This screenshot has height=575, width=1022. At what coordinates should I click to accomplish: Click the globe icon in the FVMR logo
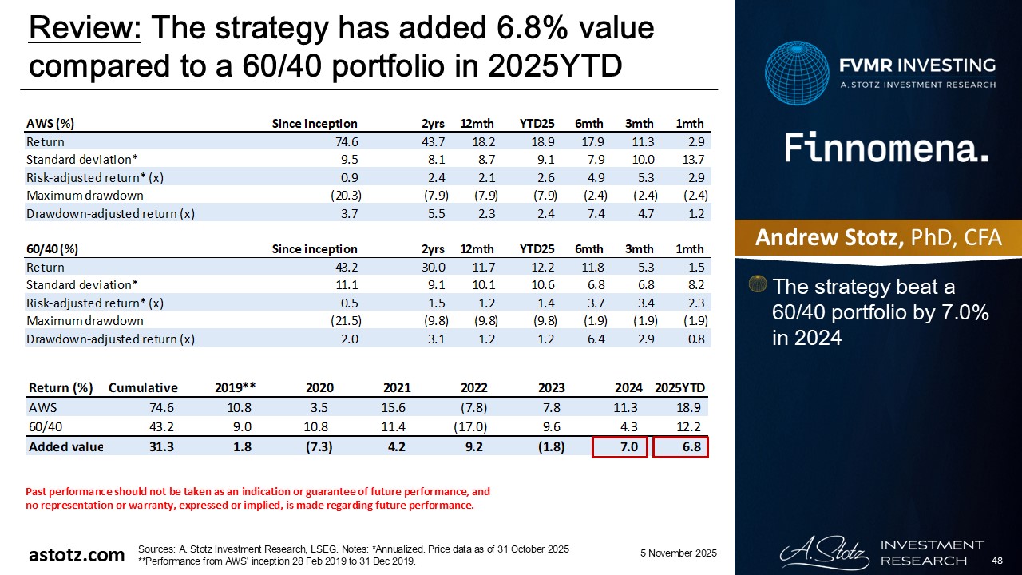796,73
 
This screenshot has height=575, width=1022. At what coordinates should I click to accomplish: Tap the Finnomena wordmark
886,149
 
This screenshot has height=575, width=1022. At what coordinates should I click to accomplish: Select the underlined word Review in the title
85,30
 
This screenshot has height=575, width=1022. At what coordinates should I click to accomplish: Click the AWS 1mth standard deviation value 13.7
691,159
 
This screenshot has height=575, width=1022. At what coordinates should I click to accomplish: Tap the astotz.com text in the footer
77,555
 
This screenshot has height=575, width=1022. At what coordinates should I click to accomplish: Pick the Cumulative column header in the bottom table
143,388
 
